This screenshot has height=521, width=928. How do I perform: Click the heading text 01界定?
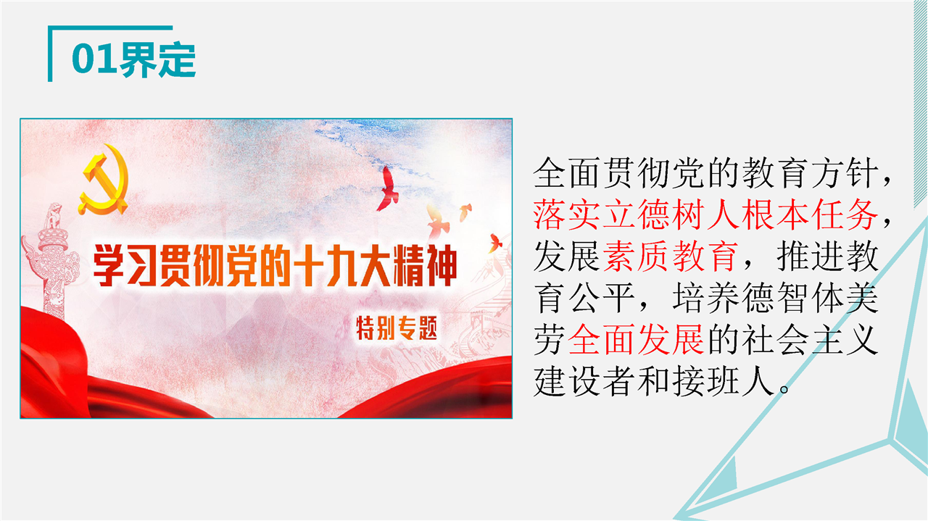(x=133, y=59)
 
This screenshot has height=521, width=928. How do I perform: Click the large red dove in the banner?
(x=388, y=189)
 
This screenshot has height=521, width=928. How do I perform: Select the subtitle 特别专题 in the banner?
(x=397, y=328)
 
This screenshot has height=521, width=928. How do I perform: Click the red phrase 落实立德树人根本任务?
(x=706, y=214)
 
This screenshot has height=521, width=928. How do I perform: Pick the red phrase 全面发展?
(x=637, y=340)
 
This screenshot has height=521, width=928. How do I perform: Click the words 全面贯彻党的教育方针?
(x=706, y=172)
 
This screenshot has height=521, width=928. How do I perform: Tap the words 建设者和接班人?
(x=654, y=381)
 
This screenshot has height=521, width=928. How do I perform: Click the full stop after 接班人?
(x=784, y=389)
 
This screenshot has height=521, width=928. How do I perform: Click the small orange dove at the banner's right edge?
(x=494, y=243)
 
